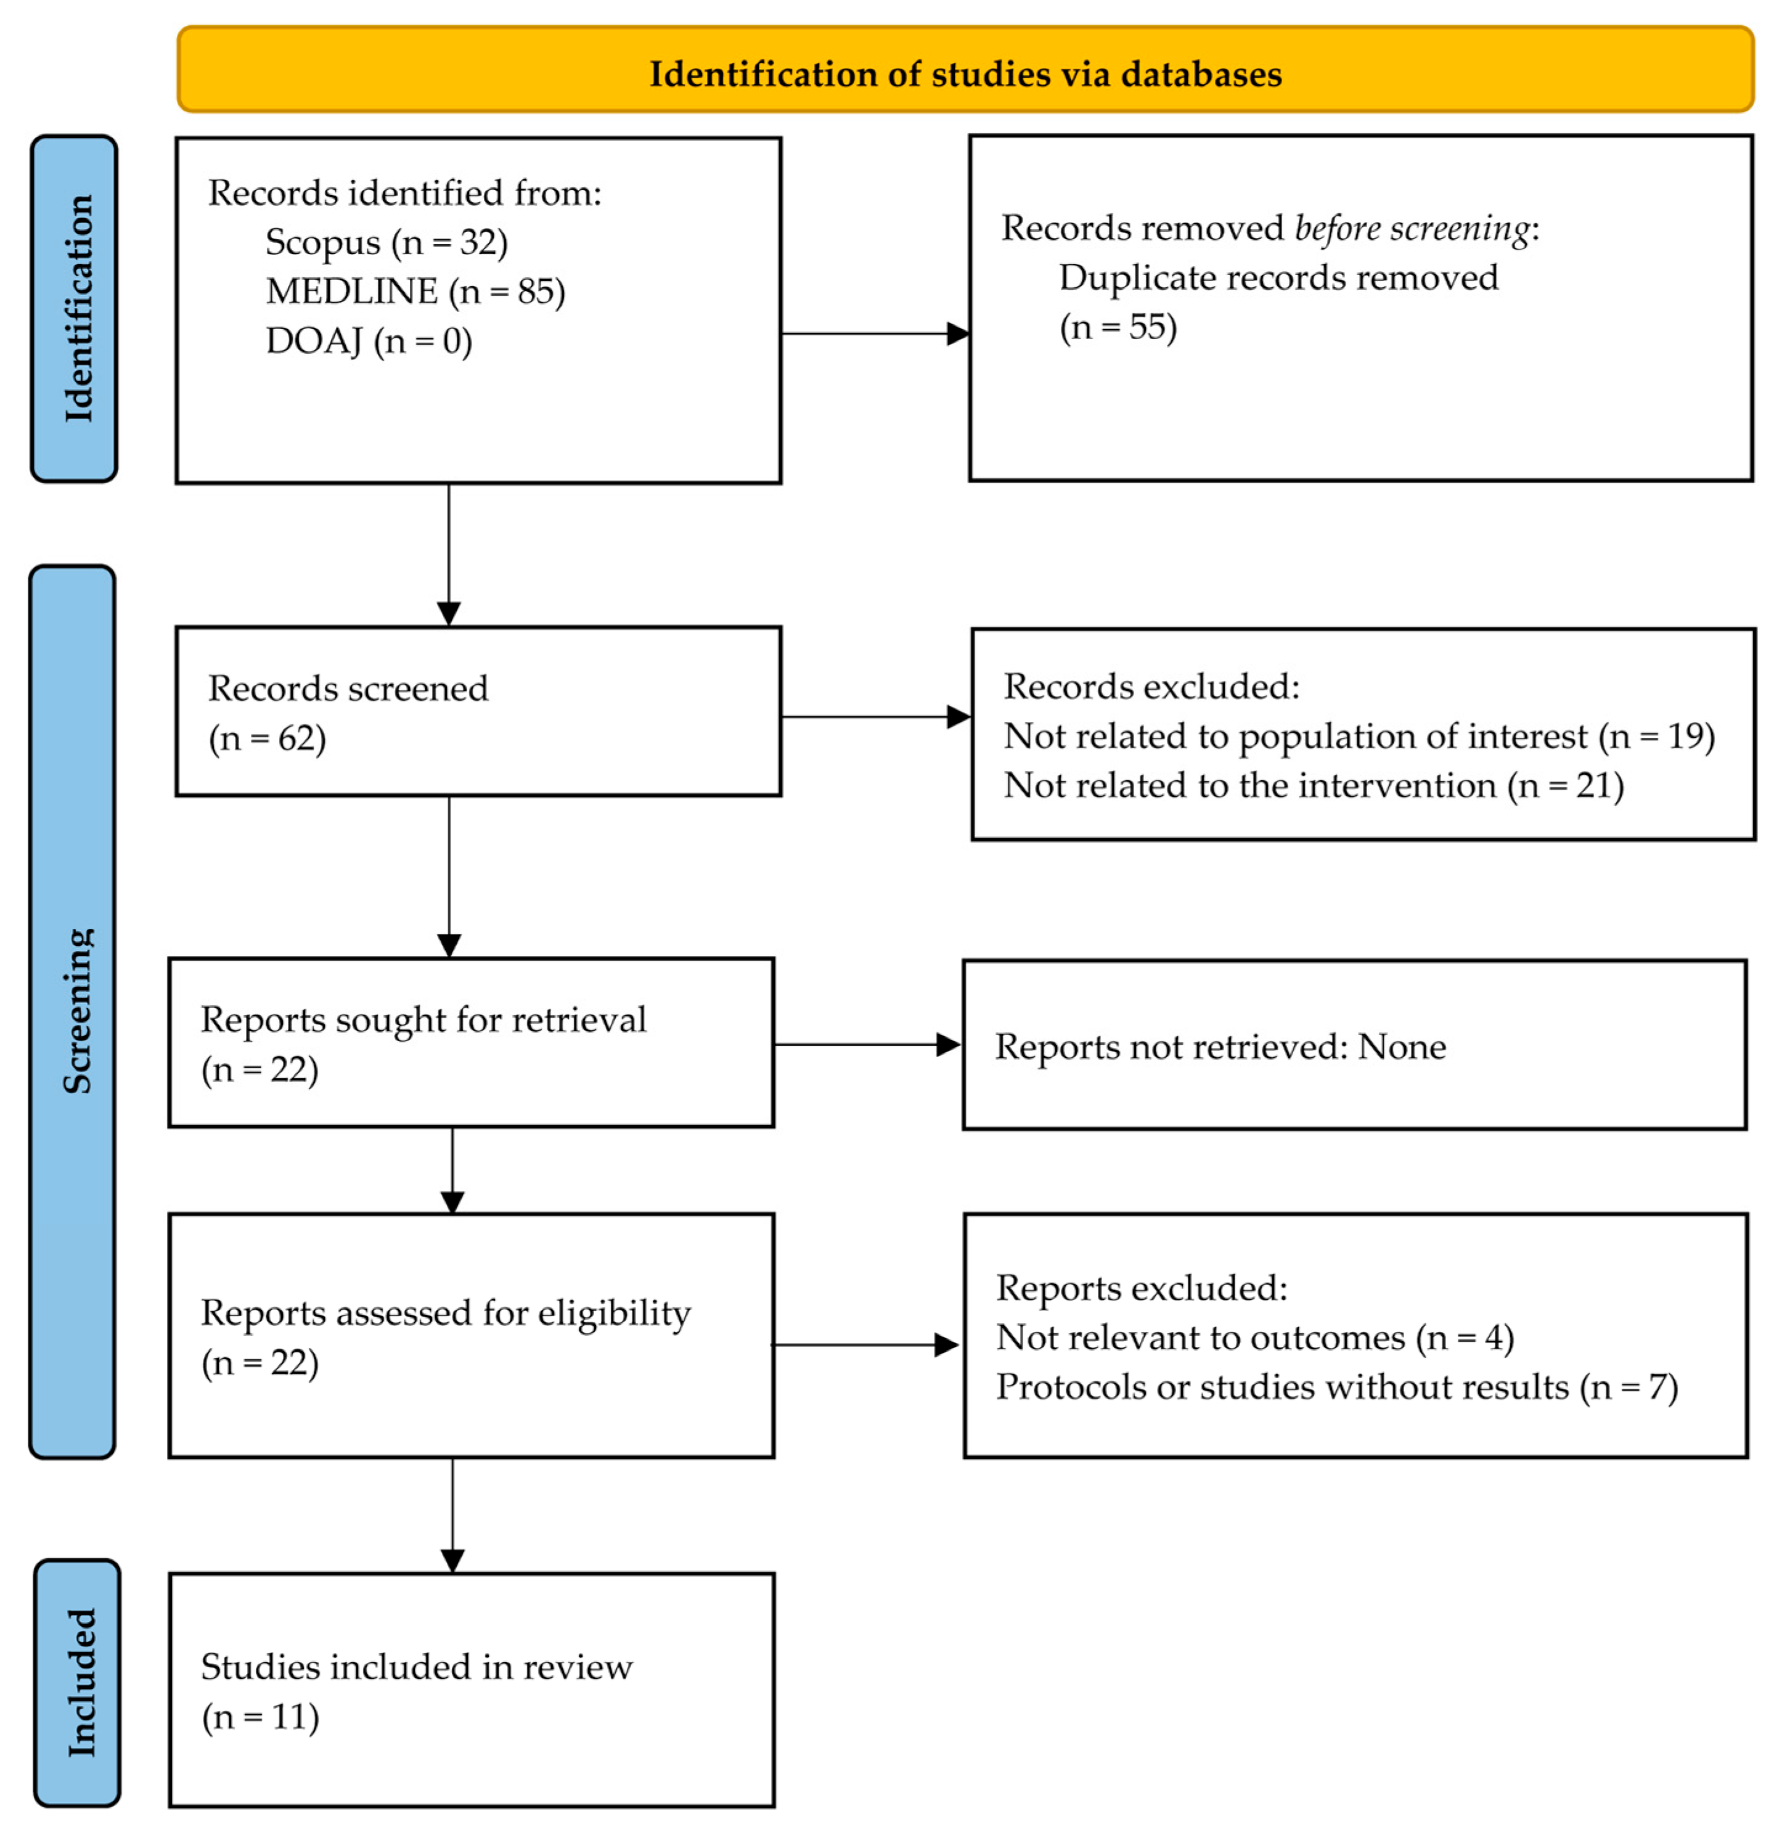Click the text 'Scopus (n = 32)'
pyautogui.click(x=386, y=242)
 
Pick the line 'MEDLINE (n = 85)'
pyautogui.click(x=415, y=292)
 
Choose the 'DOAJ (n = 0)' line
pyautogui.click(x=369, y=341)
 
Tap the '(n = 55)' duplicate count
pyautogui.click(x=1118, y=327)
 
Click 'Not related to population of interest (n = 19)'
pyautogui.click(x=1359, y=737)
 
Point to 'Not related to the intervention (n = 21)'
pyautogui.click(x=1313, y=785)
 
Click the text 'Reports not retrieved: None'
pyautogui.click(x=1220, y=1047)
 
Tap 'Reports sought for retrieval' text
pyautogui.click(x=423, y=1020)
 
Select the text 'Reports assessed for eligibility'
pyautogui.click(x=446, y=1313)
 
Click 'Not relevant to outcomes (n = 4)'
pyautogui.click(x=1254, y=1338)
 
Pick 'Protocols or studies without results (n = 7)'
pyautogui.click(x=1336, y=1387)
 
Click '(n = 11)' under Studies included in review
pyautogui.click(x=260, y=1717)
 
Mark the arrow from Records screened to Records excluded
pyautogui.click(x=876, y=717)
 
